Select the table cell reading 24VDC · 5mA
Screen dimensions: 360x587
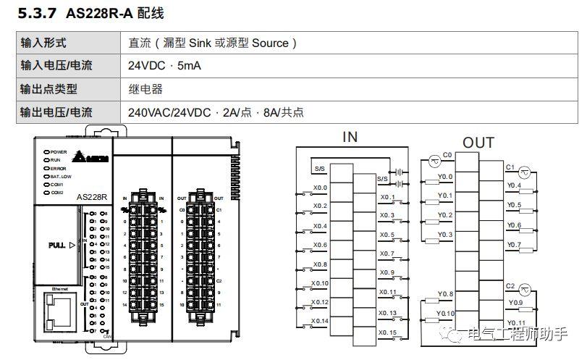164,65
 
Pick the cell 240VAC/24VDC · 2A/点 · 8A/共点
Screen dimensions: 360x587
216,112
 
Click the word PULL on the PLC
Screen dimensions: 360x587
56,245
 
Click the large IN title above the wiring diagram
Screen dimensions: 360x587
350,138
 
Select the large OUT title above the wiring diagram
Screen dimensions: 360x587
478,143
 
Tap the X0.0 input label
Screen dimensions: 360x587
320,188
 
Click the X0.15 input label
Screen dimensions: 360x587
388,332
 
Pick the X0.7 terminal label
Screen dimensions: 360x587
387,254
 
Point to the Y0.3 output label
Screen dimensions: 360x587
445,235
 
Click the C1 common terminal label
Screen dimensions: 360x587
510,167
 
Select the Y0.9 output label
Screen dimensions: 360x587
515,302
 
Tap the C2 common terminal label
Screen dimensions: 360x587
510,286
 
